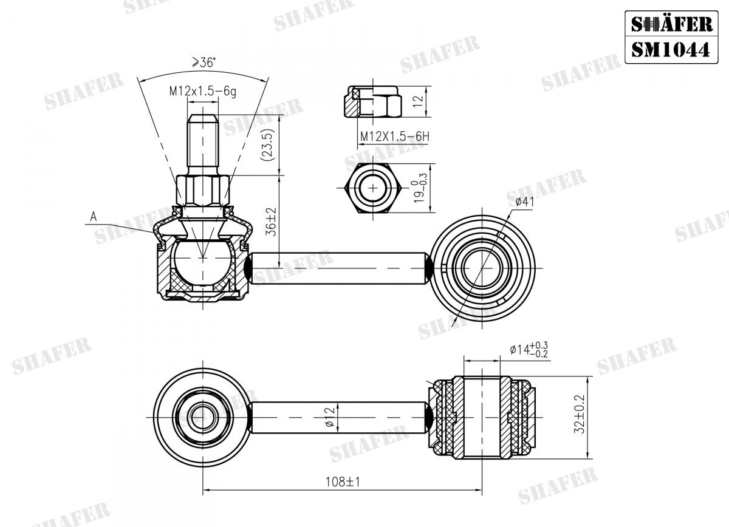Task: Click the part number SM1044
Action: (670, 49)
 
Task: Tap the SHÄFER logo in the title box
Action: (670, 24)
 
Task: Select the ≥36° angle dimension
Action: (204, 63)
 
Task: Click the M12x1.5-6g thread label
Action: (202, 91)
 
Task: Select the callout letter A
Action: (94, 216)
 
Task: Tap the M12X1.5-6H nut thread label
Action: (394, 137)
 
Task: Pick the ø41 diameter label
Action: (524, 202)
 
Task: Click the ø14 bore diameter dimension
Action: (529, 350)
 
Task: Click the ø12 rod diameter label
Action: (329, 416)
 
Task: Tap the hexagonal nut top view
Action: (371, 188)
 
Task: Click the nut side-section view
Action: (372, 103)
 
